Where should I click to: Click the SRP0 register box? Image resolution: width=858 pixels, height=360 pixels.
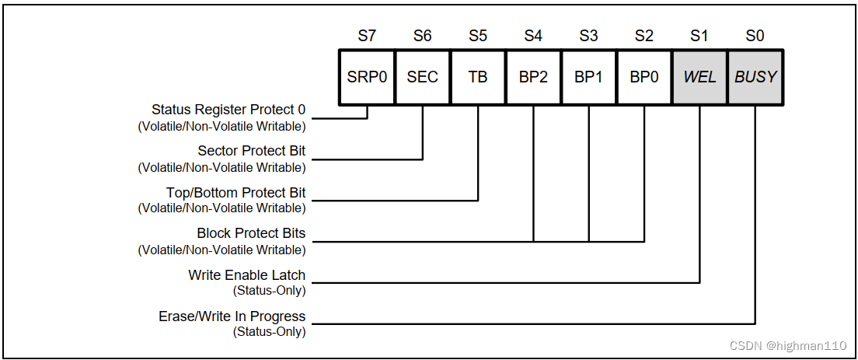[x=367, y=78]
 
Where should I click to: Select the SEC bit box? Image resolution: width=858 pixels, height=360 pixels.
[x=423, y=78]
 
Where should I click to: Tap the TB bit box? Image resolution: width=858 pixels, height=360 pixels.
[x=478, y=78]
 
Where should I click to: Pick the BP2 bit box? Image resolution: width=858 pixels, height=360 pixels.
[x=533, y=78]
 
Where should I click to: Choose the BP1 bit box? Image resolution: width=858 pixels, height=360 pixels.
[x=588, y=78]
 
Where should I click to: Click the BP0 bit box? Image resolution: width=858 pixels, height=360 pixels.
[x=644, y=78]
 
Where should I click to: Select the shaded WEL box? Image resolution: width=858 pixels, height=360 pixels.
[x=699, y=78]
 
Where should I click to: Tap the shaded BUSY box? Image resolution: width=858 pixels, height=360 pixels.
[x=755, y=78]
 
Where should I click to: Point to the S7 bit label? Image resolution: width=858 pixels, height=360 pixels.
[x=367, y=36]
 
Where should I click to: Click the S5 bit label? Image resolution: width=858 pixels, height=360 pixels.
[x=478, y=36]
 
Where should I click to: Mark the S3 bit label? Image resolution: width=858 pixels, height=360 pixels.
[x=588, y=36]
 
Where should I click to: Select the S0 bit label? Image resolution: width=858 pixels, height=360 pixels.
[x=755, y=36]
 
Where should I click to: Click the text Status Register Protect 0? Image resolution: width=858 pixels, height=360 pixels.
[x=228, y=110]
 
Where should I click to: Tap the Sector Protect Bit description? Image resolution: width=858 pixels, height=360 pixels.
[x=252, y=151]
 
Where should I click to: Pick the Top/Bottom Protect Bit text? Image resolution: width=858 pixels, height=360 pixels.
[x=235, y=192]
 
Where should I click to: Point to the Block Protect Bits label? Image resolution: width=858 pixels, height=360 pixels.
[x=251, y=233]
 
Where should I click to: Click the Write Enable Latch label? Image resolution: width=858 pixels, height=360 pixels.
[x=246, y=275]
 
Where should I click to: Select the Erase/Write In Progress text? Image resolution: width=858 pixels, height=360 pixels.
[x=232, y=316]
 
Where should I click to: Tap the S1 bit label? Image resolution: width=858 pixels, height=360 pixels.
[x=699, y=36]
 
